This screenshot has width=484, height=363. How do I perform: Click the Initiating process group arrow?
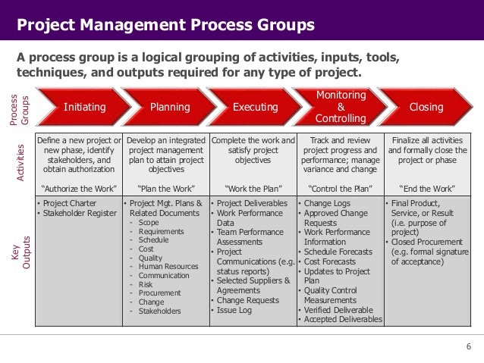point(84,108)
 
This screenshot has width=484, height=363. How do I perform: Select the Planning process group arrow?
point(169,108)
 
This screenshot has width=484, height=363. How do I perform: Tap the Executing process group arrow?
point(255,108)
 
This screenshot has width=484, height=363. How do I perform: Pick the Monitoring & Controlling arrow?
point(340,107)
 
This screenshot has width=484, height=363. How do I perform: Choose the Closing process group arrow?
point(426,108)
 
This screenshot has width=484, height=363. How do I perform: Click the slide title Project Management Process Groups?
point(165,26)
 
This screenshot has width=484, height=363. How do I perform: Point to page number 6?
point(468,347)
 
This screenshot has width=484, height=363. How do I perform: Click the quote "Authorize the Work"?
point(78,187)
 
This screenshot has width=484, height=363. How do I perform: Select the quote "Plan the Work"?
point(165,187)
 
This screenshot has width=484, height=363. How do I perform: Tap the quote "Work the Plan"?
point(252,187)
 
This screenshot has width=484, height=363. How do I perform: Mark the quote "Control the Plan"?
point(339,187)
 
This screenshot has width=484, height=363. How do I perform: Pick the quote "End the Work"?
point(426,187)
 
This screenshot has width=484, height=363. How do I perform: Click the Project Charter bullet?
point(68,204)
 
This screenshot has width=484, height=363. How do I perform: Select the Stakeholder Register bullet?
point(77,214)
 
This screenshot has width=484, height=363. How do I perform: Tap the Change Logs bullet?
point(327,204)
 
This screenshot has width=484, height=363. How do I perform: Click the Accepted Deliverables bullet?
point(342,320)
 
